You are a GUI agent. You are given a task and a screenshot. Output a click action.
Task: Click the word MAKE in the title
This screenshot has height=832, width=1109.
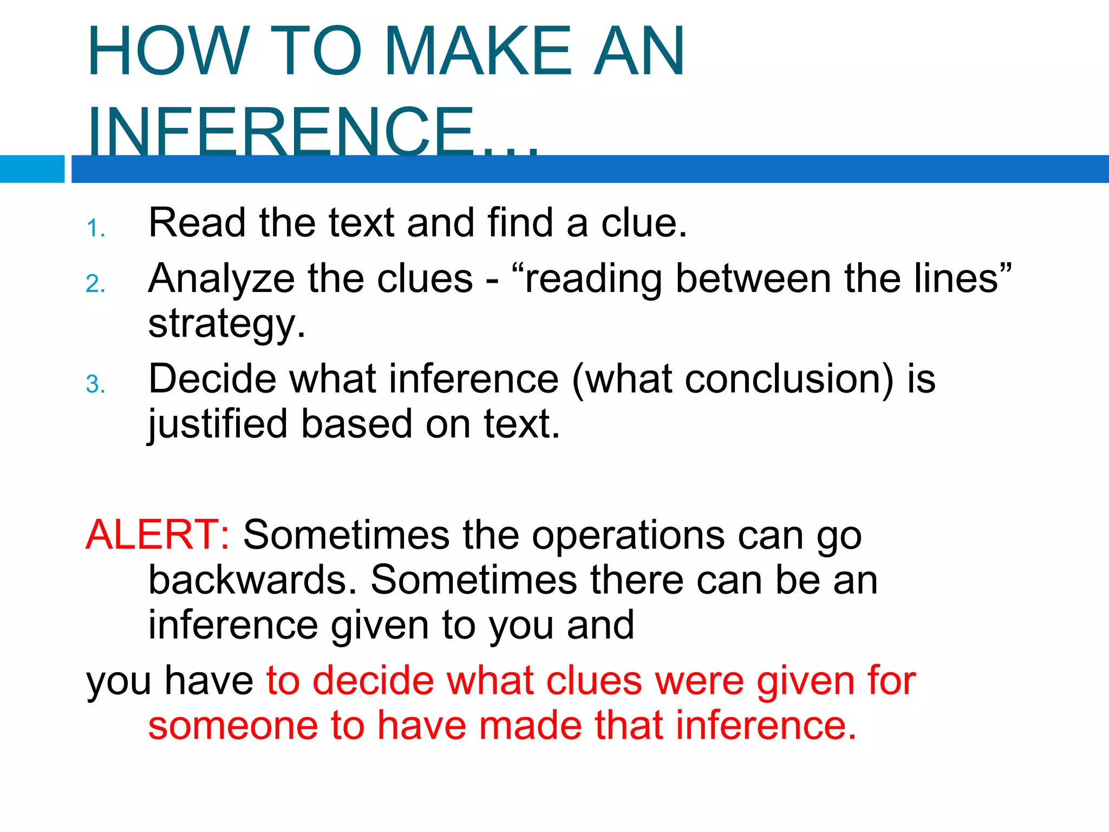tap(478, 51)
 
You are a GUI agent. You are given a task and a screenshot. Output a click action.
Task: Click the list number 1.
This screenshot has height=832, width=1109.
tap(95, 229)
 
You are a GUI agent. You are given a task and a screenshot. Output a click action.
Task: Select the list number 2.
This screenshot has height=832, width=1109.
tap(95, 284)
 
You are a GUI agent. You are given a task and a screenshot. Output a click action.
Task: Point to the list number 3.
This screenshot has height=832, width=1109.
tap(95, 385)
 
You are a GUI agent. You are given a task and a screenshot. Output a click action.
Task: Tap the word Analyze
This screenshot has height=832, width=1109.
tap(221, 279)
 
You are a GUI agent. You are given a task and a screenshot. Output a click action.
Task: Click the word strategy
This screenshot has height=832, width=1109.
tap(226, 324)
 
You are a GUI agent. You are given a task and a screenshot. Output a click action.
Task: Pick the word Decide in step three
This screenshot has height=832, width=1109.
tap(212, 379)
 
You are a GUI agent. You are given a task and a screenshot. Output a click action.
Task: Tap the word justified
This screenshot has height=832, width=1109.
tap(217, 425)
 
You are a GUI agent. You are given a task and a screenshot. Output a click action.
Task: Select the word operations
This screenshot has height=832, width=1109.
tap(628, 536)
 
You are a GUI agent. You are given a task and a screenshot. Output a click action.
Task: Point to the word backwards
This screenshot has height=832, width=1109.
tap(252, 580)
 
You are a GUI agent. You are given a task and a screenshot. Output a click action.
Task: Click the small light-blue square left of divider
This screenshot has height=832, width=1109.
tap(32, 169)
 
